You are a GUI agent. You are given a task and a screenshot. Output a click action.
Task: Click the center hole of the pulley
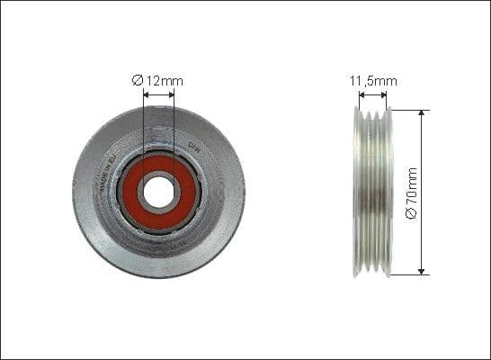tap(158, 192)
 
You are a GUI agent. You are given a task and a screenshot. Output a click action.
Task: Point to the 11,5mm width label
tap(373, 81)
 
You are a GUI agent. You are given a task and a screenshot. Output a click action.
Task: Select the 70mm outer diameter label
tap(413, 192)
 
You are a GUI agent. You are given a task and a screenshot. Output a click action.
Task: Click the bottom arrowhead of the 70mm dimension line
tap(421, 270)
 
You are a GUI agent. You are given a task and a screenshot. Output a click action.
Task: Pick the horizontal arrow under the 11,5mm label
tap(372, 94)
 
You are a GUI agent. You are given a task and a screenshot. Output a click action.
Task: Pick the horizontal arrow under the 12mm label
tap(158, 94)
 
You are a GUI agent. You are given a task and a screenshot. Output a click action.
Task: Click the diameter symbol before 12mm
tap(138, 81)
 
